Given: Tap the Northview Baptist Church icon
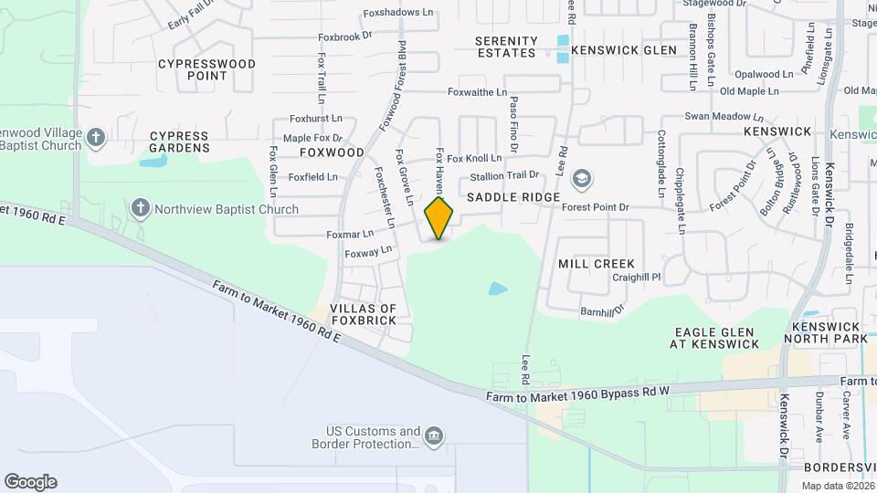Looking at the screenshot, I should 141,208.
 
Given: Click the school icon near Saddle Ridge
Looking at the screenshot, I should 581,179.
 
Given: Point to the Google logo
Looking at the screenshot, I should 30,482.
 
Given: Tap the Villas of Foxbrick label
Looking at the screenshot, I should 364,315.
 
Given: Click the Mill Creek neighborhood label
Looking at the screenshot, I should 597,264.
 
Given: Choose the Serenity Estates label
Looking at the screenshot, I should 506,47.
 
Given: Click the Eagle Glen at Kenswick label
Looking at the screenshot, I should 715,338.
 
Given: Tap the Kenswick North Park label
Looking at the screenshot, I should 829,332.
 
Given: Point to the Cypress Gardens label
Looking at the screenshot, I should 179,142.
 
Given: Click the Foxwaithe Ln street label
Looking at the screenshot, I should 477,92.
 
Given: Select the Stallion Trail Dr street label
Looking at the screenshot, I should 505,175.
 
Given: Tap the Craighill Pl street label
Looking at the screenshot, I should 636,277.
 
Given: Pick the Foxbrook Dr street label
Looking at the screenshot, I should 345,37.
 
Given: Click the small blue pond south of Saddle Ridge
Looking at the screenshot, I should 498,288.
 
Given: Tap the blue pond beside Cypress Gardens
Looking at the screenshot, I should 153,163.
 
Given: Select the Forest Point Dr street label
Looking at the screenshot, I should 596,207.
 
